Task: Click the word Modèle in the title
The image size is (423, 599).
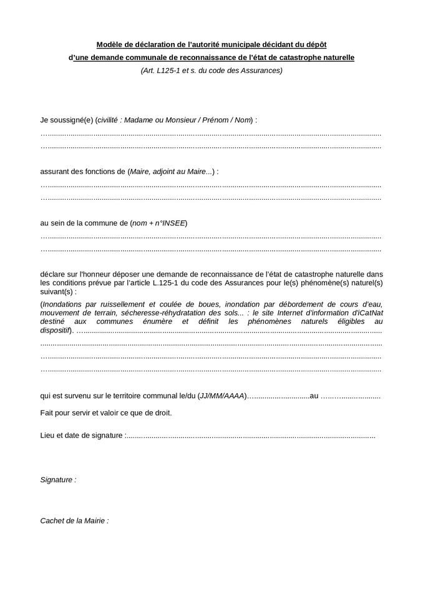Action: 110,45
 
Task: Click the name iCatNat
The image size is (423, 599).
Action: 368,313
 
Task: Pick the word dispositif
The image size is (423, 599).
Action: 55,330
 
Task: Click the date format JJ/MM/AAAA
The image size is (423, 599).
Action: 221,396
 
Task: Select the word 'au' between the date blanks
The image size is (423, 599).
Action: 314,396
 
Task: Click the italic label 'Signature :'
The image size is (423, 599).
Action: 58,480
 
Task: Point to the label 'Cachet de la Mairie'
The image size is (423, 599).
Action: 74,520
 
